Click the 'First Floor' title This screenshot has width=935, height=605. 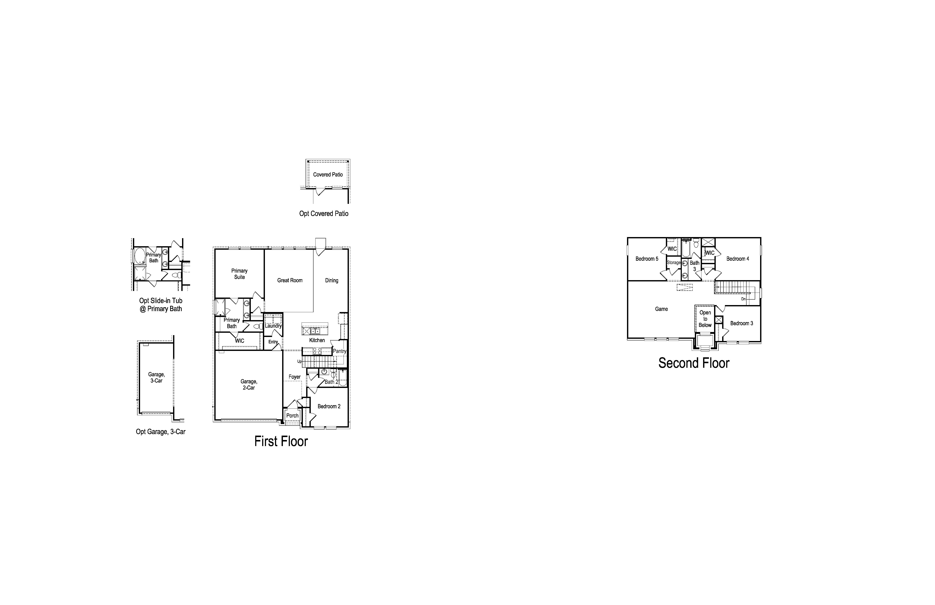tap(281, 441)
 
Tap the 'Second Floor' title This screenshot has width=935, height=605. tap(694, 363)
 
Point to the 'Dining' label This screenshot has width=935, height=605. tap(332, 280)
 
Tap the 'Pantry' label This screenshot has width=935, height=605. tap(339, 351)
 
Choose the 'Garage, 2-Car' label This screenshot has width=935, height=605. tap(249, 385)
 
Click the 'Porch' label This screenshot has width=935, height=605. tap(292, 416)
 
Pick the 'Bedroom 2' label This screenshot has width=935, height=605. tap(329, 406)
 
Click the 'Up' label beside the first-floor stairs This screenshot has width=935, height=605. tap(299, 361)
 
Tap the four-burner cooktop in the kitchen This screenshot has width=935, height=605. tap(317, 351)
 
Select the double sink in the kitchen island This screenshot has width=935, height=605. tap(315, 331)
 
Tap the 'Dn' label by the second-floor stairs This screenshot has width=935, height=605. tap(743, 299)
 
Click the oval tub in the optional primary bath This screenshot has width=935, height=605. tap(140, 256)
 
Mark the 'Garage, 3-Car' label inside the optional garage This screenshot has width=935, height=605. tap(156, 377)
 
